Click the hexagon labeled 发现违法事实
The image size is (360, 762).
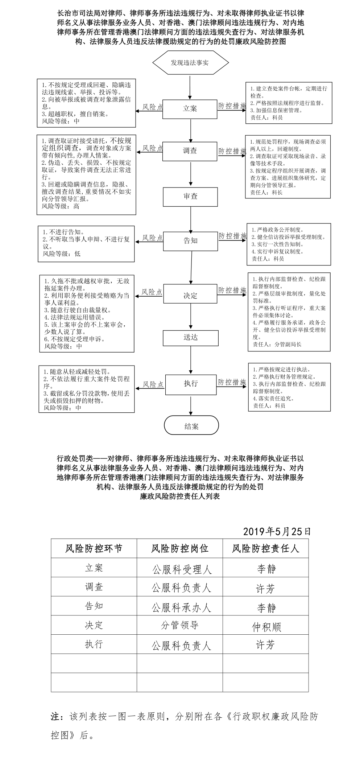coord(190,63)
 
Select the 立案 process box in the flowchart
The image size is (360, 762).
coord(190,108)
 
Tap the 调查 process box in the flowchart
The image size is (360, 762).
coord(190,151)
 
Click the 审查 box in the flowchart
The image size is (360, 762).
coord(190,197)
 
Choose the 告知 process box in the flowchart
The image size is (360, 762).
coord(190,241)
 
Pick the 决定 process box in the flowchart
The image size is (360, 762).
coord(191,295)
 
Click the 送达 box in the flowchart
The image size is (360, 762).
coord(191,338)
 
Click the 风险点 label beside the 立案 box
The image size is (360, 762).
coord(152,107)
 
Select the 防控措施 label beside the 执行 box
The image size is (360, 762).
coord(232,382)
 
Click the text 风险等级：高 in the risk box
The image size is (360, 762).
coord(61,206)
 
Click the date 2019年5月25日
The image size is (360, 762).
coord(277,531)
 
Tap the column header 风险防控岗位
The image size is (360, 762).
coord(180,548)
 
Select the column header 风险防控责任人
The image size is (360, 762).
coord(266,548)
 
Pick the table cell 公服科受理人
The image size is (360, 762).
coord(180,568)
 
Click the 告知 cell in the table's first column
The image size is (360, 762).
coord(94,606)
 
